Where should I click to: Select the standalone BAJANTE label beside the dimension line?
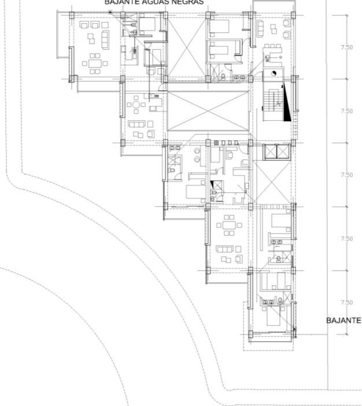[343, 321]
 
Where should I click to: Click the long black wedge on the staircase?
[286, 104]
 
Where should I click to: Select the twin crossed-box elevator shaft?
[275, 152]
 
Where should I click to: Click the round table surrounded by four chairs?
[137, 105]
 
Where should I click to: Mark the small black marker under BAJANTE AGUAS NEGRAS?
[110, 12]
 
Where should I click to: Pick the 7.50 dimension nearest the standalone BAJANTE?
[346, 303]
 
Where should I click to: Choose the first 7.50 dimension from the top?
[346, 47]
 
